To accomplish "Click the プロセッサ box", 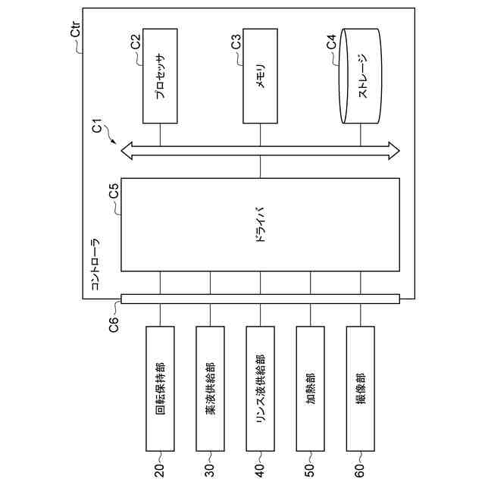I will [160, 76].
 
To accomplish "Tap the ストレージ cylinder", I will [361, 77].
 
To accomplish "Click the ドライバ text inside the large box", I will [260, 224].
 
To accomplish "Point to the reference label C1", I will [98, 127].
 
